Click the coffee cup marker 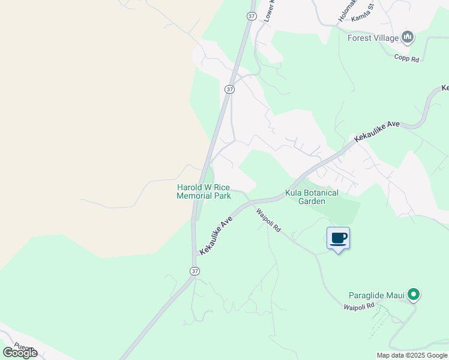339,238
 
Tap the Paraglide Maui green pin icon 413,295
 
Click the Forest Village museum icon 408,38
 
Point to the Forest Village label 373,38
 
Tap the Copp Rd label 406,57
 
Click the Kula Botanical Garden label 312,197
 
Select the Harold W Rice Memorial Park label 203,191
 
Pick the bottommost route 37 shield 194,271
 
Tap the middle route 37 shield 229,89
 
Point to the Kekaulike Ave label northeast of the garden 377,131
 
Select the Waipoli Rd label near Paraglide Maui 359,307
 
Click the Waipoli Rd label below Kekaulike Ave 268,220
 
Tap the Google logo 20,352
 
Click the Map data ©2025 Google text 412,355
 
